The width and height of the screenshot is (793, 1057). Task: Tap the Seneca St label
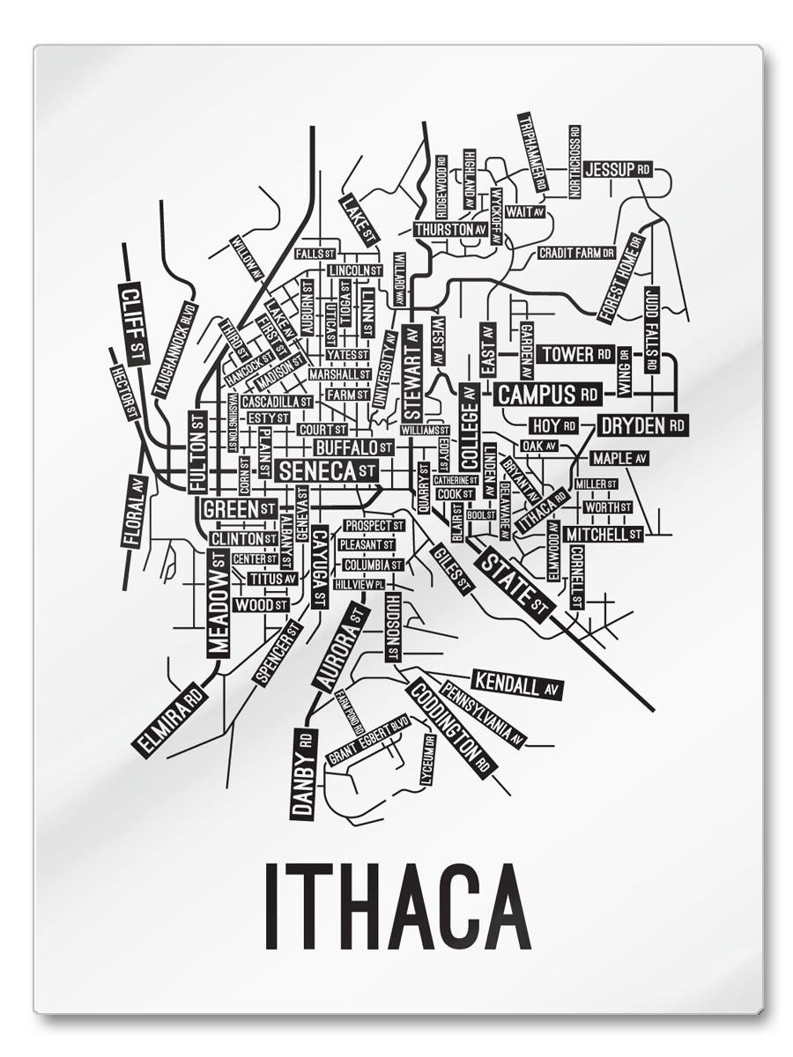pyautogui.click(x=327, y=470)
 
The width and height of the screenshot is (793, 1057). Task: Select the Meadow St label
pyautogui.click(x=219, y=602)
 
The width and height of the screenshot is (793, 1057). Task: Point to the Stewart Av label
pyautogui.click(x=411, y=372)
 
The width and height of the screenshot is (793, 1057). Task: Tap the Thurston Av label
pyautogui.click(x=450, y=229)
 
